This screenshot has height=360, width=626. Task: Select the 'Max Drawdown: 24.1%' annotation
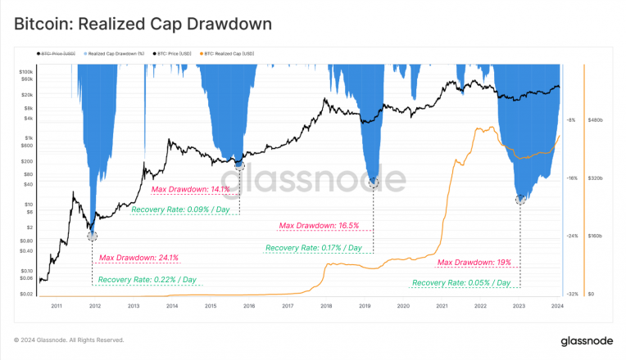[x=138, y=258]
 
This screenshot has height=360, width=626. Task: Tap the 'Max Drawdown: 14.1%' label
[x=191, y=189]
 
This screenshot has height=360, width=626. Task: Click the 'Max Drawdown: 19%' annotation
[x=474, y=263]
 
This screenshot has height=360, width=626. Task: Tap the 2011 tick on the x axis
[x=57, y=305]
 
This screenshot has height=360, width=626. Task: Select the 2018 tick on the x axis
[x=326, y=305]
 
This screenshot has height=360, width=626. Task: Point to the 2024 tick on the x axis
[x=557, y=305]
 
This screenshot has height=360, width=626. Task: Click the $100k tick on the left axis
[x=26, y=72]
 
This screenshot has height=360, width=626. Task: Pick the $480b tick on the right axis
[x=596, y=120]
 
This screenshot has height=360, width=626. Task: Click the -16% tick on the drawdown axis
[x=571, y=178]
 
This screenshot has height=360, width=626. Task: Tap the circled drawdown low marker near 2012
[x=92, y=236]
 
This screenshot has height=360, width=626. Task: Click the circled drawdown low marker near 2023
[x=520, y=199]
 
